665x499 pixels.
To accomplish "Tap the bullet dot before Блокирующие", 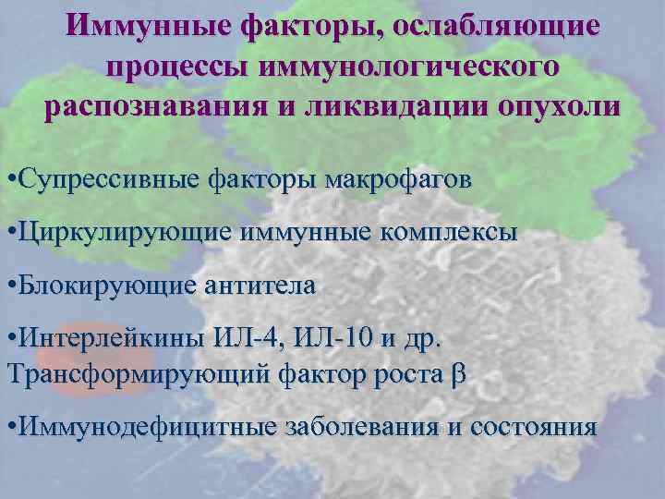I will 10,286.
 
